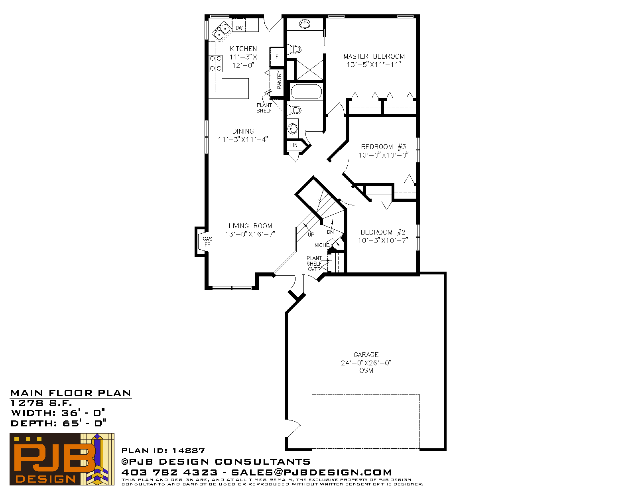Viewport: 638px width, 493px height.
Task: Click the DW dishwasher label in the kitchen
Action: point(239,28)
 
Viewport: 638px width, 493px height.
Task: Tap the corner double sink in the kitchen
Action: point(222,31)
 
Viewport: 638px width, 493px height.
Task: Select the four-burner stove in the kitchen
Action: point(215,63)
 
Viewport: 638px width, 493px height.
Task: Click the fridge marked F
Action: point(277,57)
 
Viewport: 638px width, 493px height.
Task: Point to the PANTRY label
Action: point(279,80)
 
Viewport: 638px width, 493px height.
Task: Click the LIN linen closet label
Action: point(293,145)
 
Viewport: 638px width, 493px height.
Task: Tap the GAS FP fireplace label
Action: point(207,242)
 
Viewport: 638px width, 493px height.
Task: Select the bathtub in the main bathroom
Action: point(306,92)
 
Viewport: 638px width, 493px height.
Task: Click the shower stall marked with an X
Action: point(309,69)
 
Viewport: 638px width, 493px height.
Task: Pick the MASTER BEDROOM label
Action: point(374,56)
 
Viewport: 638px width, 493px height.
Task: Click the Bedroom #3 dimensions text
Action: point(384,155)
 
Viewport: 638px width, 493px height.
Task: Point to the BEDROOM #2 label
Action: point(383,232)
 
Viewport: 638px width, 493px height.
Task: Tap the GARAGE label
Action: point(366,355)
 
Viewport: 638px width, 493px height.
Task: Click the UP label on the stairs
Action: point(311,234)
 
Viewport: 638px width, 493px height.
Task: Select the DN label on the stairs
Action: point(330,232)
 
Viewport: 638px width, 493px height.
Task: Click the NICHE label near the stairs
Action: point(321,245)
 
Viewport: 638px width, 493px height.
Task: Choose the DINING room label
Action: point(243,131)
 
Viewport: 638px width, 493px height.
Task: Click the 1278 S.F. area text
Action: point(41,403)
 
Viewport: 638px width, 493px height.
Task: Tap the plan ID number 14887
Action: point(188,451)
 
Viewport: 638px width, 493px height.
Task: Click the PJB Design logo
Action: point(62,459)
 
